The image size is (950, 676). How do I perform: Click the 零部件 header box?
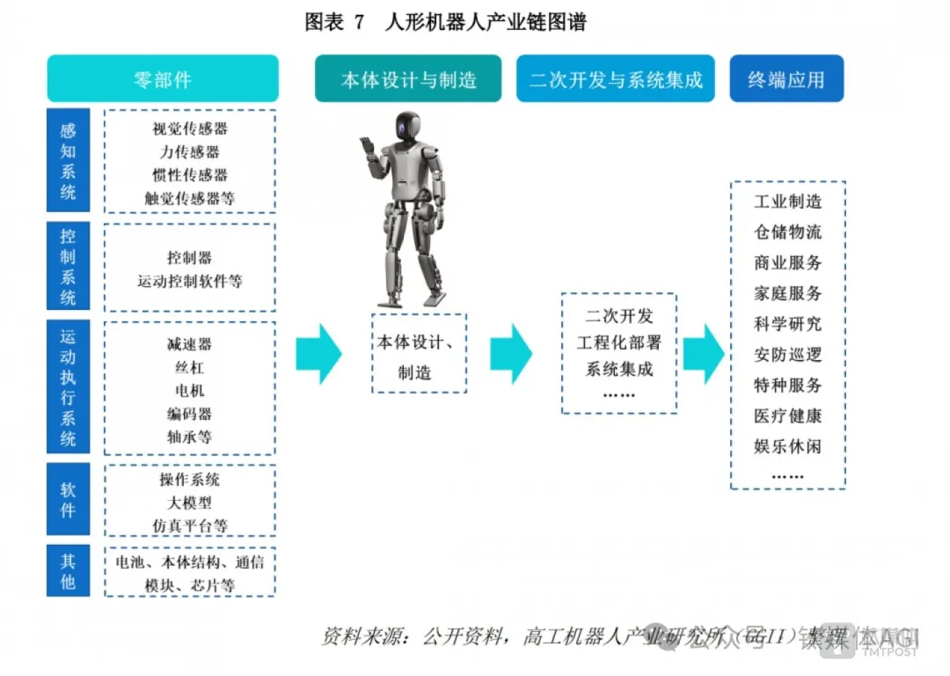163,79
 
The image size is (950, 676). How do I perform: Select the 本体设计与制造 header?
408,79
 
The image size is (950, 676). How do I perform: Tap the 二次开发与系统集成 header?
615,79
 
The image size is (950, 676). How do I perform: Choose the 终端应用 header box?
786,79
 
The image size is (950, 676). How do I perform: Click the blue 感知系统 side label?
68,161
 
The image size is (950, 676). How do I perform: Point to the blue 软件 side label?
68,500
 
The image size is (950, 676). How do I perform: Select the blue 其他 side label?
68,571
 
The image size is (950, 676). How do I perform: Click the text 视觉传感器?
190,129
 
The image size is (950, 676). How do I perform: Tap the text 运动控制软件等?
190,282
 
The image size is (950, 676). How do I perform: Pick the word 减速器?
190,344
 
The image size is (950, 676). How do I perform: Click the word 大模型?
190,503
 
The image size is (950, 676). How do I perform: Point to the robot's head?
407,129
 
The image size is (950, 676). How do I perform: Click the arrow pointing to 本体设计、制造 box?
318,354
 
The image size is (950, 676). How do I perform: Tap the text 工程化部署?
619,342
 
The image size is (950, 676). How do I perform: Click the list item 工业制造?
787,202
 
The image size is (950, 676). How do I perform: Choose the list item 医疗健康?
787,415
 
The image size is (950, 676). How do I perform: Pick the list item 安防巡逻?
787,355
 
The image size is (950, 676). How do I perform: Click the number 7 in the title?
358,24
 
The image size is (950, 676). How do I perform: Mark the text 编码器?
190,414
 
